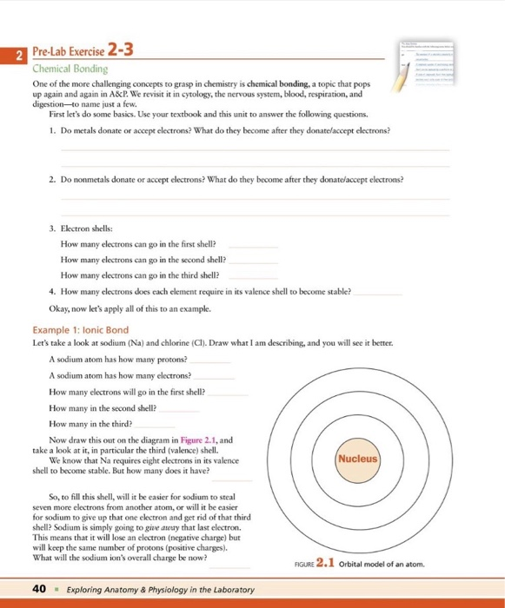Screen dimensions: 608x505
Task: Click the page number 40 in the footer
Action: [x=37, y=590]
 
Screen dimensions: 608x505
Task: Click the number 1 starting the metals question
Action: [x=53, y=130]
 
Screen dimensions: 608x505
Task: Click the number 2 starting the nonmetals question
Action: [x=53, y=179]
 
